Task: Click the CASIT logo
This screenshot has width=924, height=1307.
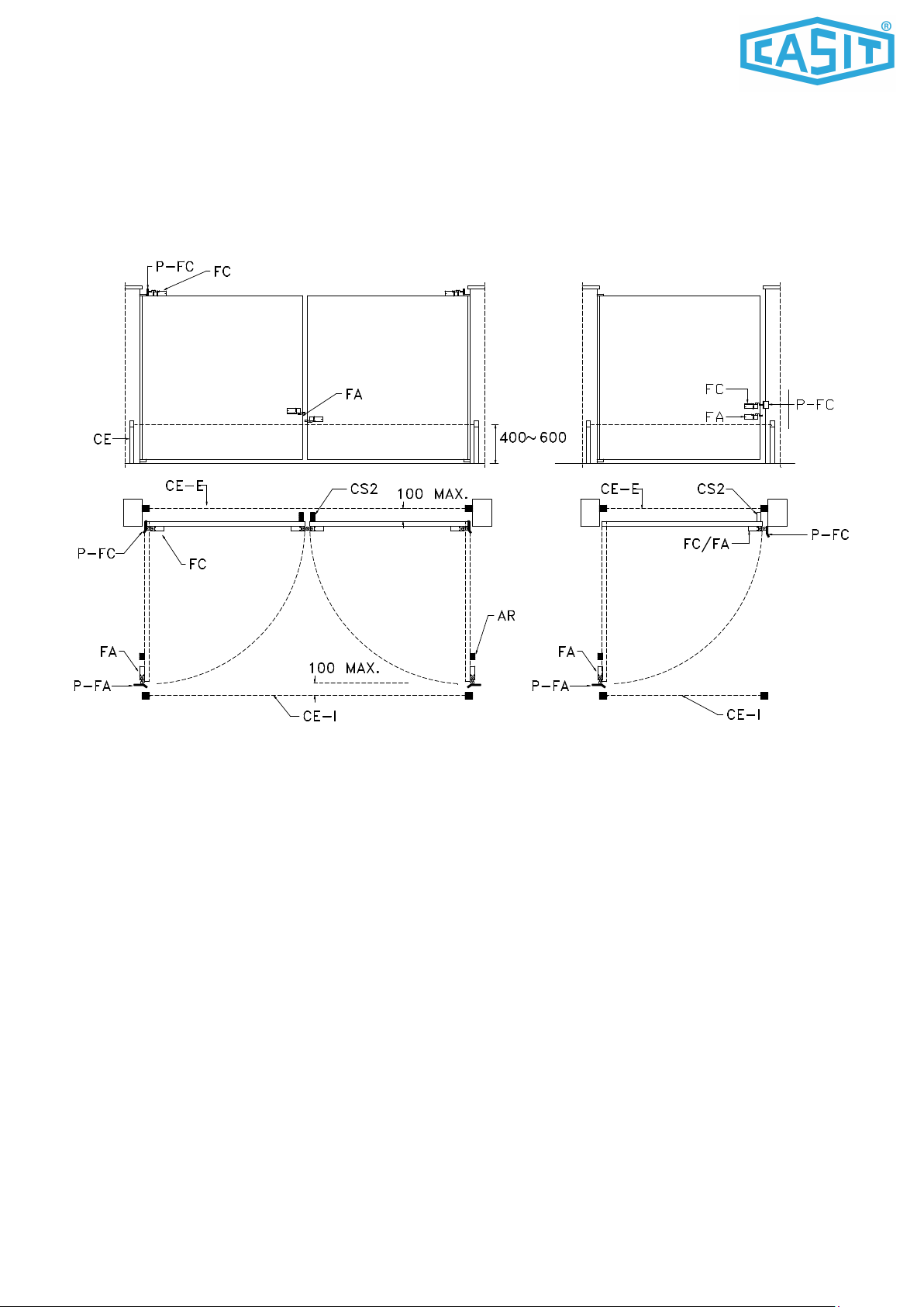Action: (817, 50)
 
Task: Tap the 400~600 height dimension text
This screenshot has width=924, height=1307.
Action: (533, 437)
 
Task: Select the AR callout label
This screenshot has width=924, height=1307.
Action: (506, 616)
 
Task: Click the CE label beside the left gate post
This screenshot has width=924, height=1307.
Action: (102, 439)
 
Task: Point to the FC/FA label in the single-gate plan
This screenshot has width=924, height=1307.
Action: (706, 544)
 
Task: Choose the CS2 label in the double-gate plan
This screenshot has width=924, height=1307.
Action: (364, 489)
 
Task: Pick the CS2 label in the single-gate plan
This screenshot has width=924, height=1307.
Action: (711, 489)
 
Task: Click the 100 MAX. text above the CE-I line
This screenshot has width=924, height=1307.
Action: (344, 668)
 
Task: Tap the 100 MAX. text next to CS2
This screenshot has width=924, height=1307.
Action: (433, 493)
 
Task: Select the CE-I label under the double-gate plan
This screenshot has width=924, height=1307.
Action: (320, 716)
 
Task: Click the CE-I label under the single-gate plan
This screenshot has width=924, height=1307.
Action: (743, 714)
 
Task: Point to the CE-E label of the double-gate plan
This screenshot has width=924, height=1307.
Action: (184, 486)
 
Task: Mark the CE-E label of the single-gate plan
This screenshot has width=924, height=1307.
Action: (619, 489)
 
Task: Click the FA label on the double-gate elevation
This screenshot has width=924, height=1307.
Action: (353, 395)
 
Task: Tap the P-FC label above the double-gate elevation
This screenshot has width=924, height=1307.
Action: (174, 267)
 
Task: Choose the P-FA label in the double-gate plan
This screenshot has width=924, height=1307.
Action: (92, 686)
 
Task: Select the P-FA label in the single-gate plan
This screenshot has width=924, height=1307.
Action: (550, 686)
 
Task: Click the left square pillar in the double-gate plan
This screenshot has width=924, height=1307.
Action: (133, 513)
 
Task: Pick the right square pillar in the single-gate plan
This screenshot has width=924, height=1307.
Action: (777, 513)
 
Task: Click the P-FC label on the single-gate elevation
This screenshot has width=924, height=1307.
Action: (815, 404)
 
